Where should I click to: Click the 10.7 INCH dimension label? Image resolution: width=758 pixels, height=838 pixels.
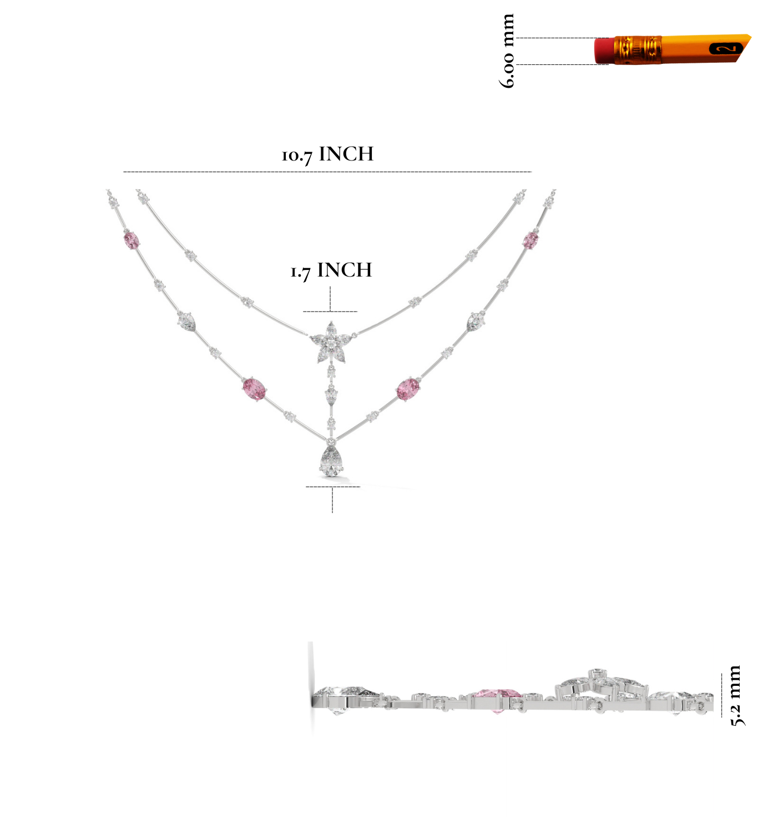[x=327, y=154]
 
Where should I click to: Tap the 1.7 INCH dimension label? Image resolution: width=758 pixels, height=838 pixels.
[x=331, y=270]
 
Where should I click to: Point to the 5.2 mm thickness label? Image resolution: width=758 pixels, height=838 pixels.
[x=735, y=696]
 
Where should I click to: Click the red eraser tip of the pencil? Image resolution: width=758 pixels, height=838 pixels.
[x=604, y=51]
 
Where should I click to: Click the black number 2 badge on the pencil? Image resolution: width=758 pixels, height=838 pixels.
[x=726, y=48]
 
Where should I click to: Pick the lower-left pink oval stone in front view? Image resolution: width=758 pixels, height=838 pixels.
[x=254, y=389]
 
